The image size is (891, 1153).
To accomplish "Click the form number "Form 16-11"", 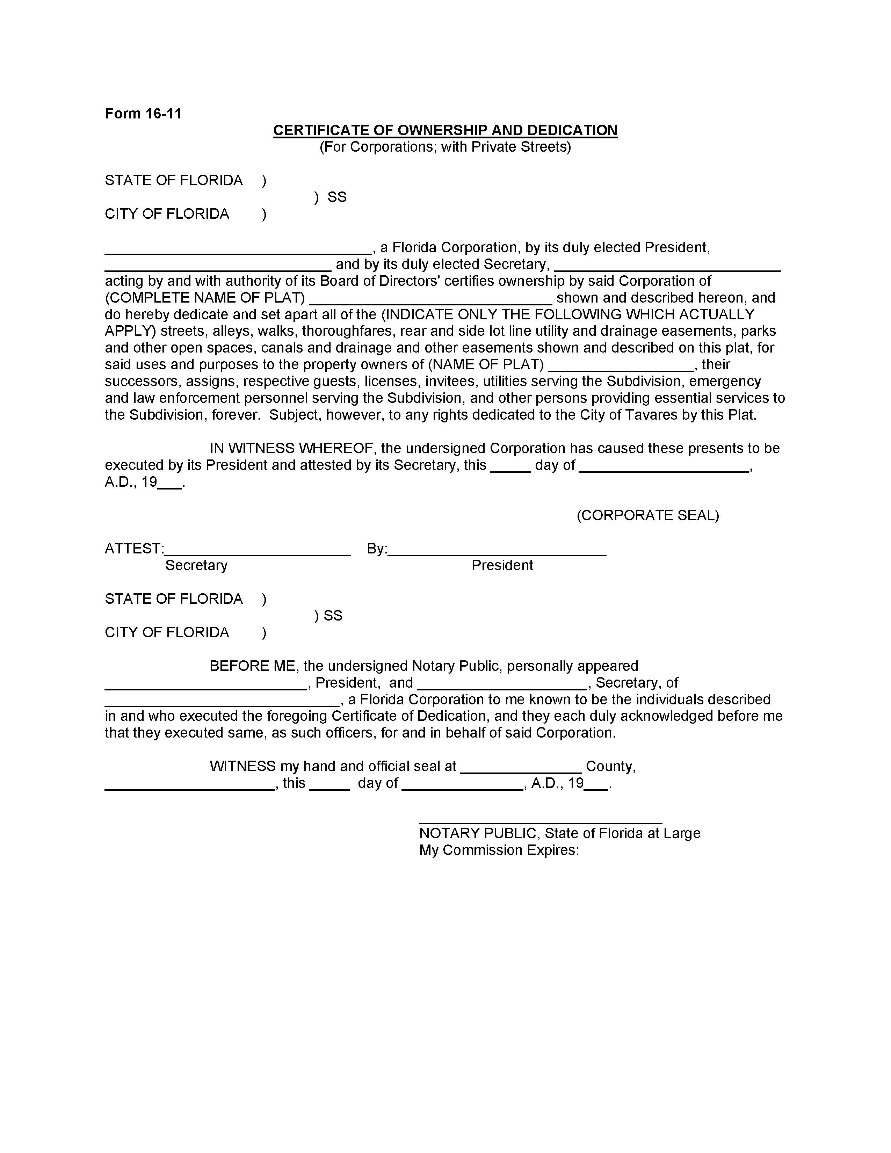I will [143, 114].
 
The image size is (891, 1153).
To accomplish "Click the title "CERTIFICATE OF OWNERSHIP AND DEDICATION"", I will [445, 130].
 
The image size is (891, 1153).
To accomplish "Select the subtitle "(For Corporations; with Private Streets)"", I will [445, 147].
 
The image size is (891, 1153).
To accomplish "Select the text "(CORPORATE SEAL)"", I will [648, 515].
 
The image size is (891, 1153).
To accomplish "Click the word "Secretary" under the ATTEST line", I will [196, 565].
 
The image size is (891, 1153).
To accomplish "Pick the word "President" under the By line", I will [502, 565].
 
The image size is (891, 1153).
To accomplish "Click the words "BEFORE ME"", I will [252, 666].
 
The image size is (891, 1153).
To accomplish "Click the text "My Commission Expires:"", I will [499, 850].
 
